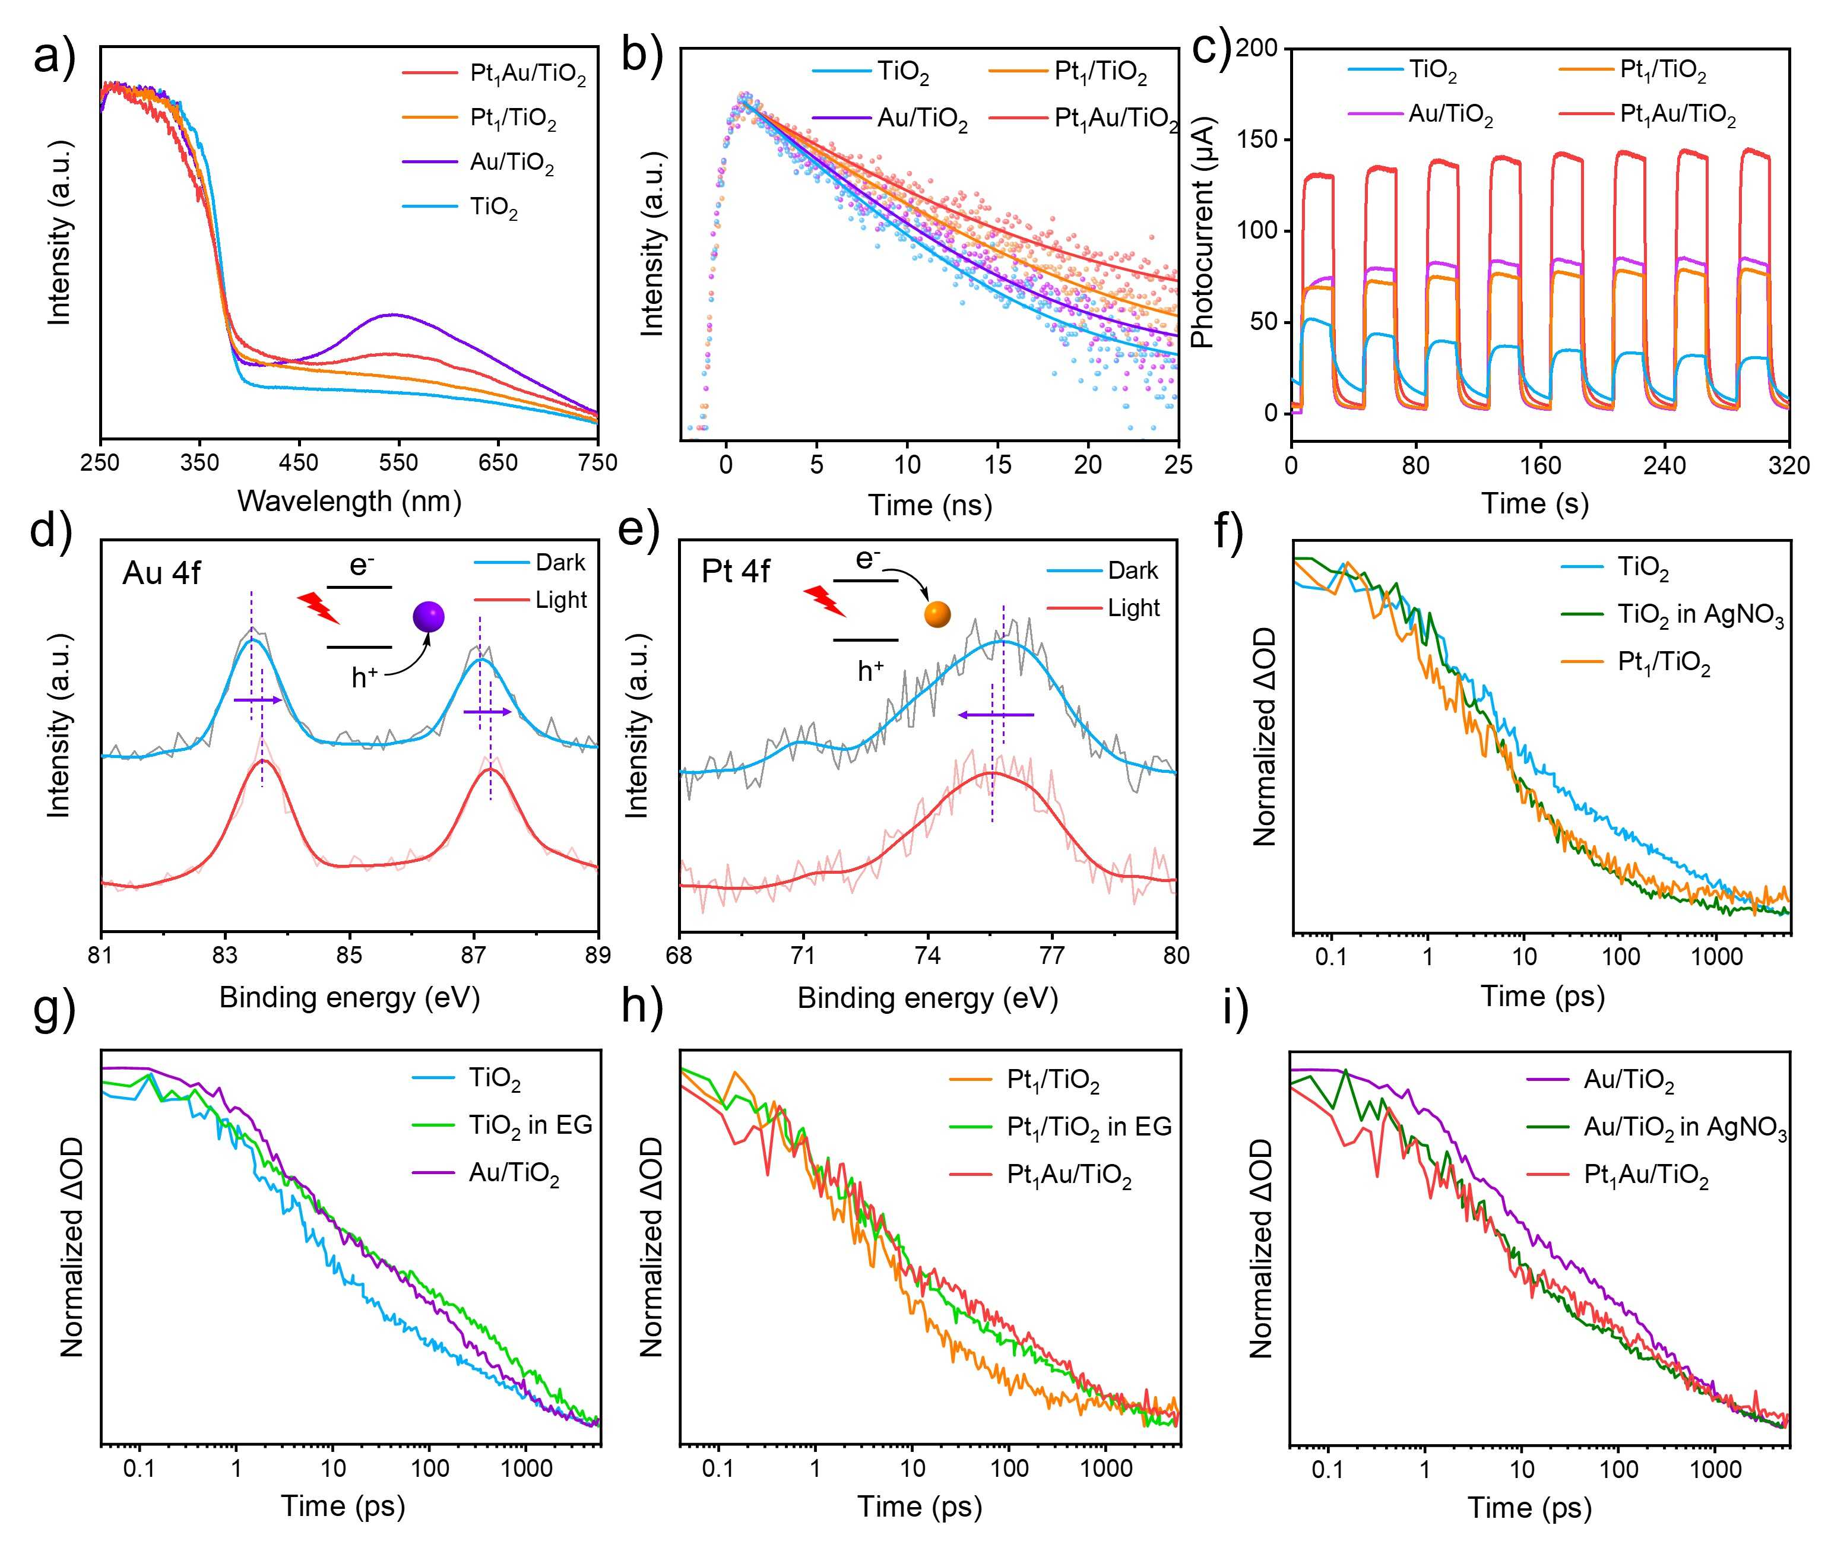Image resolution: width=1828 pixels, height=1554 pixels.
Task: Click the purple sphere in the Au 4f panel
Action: coord(429,617)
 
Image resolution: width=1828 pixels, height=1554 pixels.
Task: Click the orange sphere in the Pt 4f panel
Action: coord(937,614)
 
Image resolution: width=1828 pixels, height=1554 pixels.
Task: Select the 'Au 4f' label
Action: coord(161,573)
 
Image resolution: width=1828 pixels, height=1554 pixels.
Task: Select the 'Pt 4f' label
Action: coord(735,572)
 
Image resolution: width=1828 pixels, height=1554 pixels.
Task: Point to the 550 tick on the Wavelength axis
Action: coord(398,462)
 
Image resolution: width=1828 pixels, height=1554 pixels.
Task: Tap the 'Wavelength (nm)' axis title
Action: coord(350,501)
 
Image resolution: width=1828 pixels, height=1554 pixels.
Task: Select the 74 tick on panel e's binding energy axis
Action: coord(927,955)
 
